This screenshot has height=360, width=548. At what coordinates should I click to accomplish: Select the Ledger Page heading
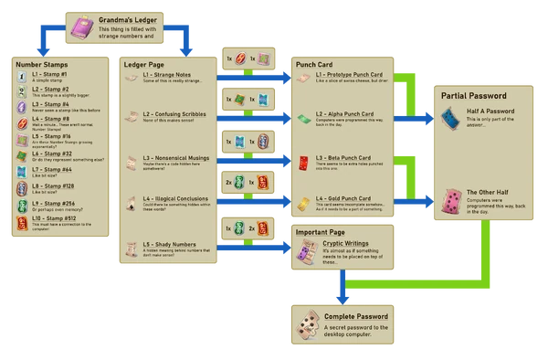[x=144, y=64]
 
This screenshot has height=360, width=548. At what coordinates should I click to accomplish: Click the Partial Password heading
[x=475, y=94]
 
